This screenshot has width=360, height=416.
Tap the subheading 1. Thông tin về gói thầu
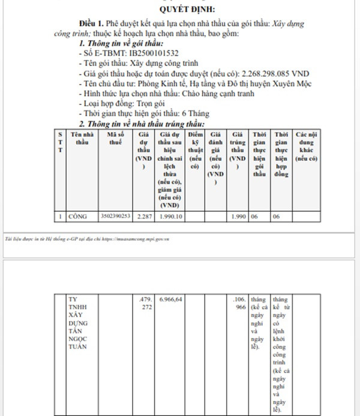tap(121, 44)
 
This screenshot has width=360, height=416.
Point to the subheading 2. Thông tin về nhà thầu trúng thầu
tap(142, 123)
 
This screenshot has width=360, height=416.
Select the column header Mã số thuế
tap(115, 139)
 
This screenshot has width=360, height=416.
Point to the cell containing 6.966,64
tap(170, 298)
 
